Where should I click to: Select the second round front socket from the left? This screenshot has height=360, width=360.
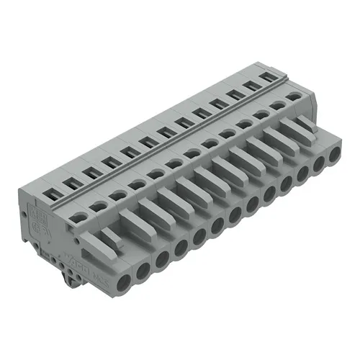pos(143,268)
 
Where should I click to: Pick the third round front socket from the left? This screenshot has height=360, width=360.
pos(162,256)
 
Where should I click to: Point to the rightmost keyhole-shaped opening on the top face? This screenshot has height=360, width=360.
pos(293,96)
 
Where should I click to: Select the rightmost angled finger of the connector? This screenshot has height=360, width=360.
pos(302,126)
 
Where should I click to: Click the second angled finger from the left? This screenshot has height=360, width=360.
pos(152,210)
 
